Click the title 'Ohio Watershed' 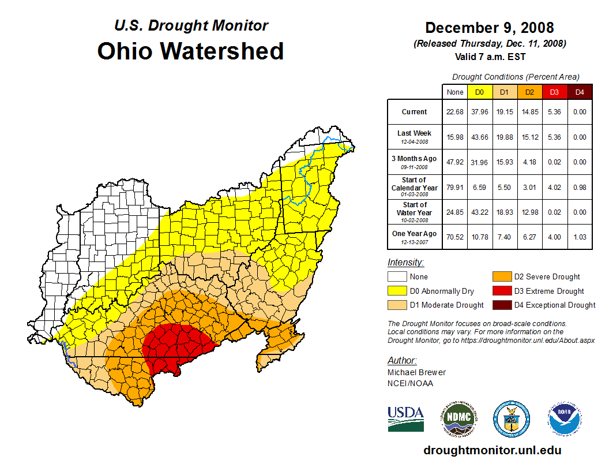pyautogui.click(x=190, y=51)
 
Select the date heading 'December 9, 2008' pyautogui.click(x=489, y=28)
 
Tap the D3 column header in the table pyautogui.click(x=554, y=92)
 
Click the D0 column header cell pyautogui.click(x=479, y=92)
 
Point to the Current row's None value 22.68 pyautogui.click(x=455, y=112)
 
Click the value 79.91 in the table pyautogui.click(x=455, y=187)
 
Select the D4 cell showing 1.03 pyautogui.click(x=579, y=237)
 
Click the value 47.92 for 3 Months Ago pyautogui.click(x=455, y=162)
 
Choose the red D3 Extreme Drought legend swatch pyautogui.click(x=501, y=291)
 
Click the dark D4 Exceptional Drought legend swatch pyautogui.click(x=501, y=305)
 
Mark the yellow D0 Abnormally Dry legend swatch pyautogui.click(x=397, y=291)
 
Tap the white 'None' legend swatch pyautogui.click(x=397, y=277)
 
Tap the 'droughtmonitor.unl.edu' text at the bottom pyautogui.click(x=492, y=450)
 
